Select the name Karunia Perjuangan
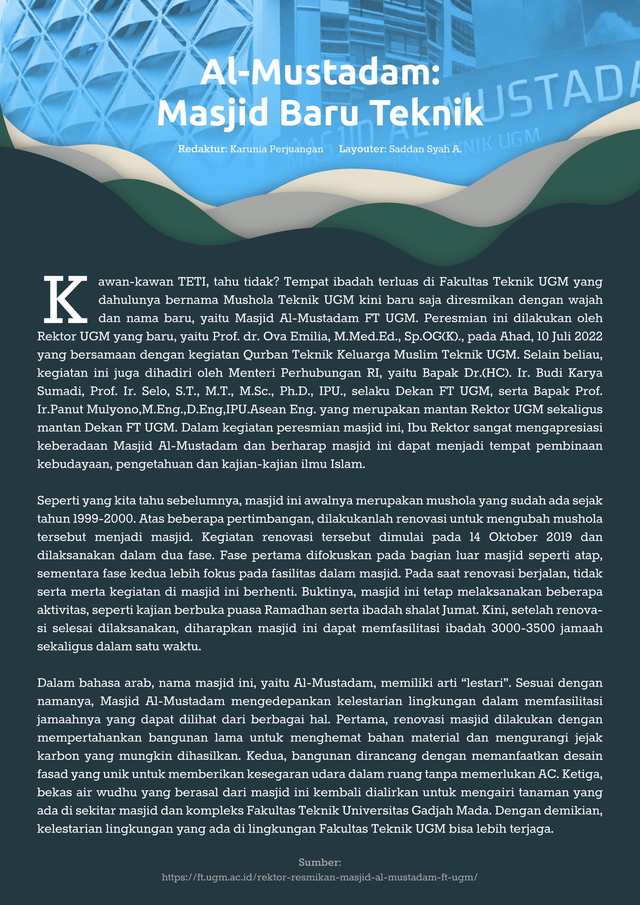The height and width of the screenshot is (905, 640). point(276,150)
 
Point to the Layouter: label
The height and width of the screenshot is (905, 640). point(363,150)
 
